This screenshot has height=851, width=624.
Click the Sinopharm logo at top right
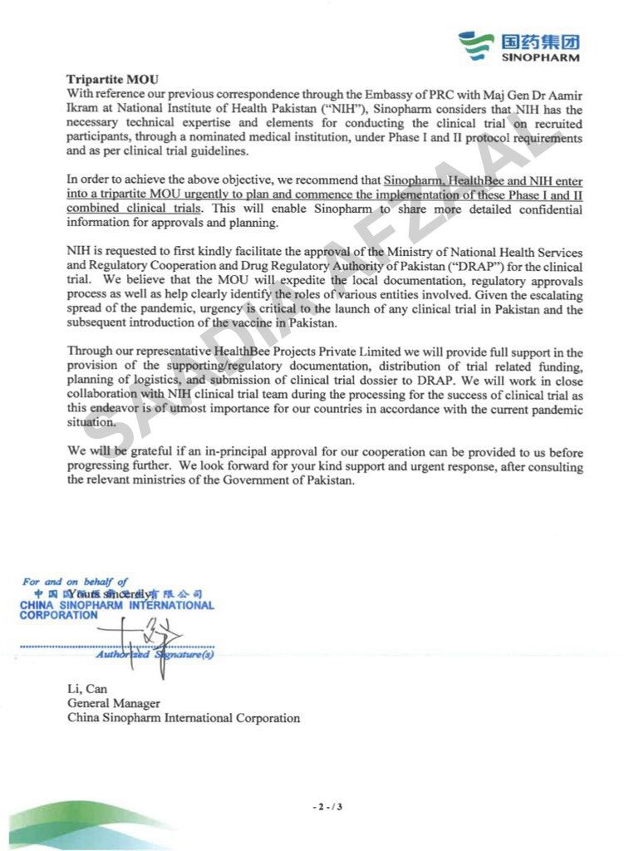519,46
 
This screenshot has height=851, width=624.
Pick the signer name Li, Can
86,689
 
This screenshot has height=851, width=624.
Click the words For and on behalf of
76,582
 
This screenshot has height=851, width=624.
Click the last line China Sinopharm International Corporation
184,717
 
